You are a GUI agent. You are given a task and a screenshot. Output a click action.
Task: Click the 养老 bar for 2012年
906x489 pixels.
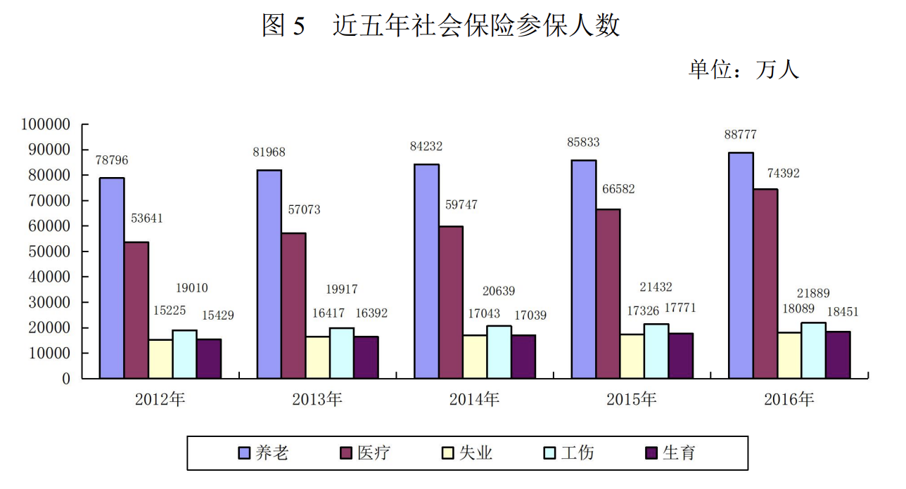tap(112, 278)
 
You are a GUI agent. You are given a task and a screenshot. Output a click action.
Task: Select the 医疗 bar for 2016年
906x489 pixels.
tap(766, 284)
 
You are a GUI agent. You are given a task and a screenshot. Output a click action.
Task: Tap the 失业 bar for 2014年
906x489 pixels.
tap(475, 357)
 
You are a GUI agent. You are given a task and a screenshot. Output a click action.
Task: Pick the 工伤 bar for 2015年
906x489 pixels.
tap(656, 351)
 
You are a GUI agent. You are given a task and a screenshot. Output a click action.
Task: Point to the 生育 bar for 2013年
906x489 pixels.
tap(366, 358)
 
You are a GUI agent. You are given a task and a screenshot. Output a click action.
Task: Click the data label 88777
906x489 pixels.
tap(741, 135)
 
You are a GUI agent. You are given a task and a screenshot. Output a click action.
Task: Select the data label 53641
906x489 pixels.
tap(146, 218)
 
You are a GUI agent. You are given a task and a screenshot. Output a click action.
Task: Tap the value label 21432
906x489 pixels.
tap(656, 287)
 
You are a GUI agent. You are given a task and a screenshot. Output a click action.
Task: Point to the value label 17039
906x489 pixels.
tap(530, 315)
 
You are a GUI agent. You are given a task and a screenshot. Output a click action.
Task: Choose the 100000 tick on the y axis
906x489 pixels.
tap(46, 124)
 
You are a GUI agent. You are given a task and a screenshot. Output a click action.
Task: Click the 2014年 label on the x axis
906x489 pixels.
tap(474, 400)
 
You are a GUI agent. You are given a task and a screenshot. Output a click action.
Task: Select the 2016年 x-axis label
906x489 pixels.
tap(789, 400)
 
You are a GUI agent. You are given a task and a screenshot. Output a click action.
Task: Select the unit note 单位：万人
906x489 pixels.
tap(744, 70)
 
